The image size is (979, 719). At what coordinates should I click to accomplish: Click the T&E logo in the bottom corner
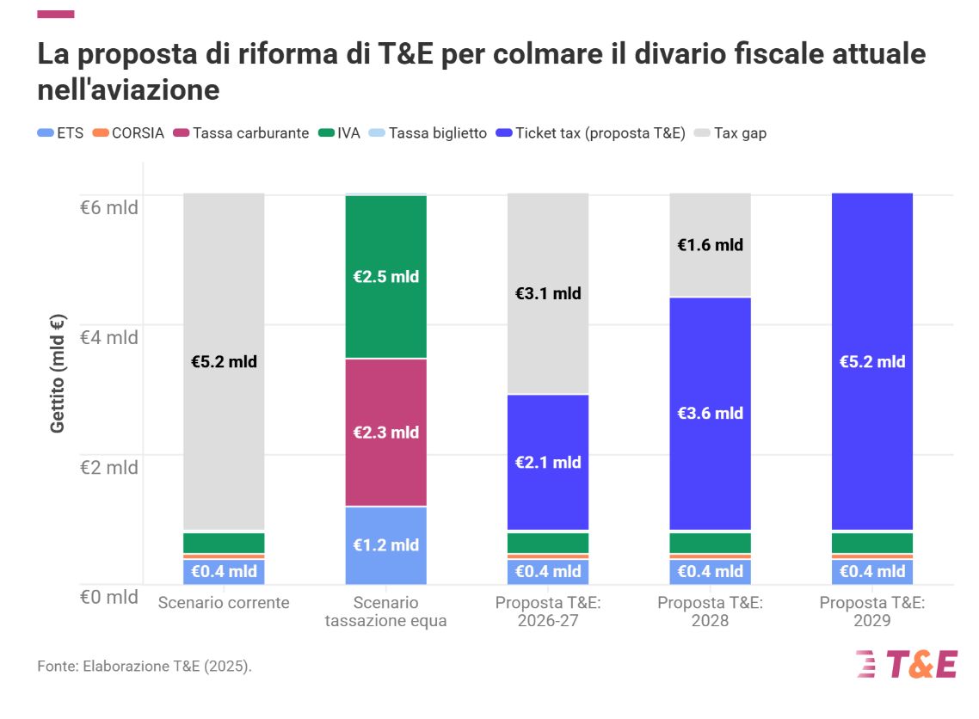pyautogui.click(x=906, y=665)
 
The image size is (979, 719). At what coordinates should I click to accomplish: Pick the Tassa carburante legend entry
pyautogui.click(x=242, y=133)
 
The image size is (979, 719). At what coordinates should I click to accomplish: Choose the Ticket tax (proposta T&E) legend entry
pyautogui.click(x=591, y=133)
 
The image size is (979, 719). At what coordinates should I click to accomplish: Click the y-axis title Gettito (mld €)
pyautogui.click(x=58, y=373)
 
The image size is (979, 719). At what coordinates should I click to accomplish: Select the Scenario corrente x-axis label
pyautogui.click(x=224, y=602)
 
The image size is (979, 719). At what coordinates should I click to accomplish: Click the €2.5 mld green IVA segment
pyautogui.click(x=386, y=277)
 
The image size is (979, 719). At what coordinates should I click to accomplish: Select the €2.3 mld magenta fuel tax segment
pyautogui.click(x=386, y=432)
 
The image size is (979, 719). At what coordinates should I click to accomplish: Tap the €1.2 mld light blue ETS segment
pyautogui.click(x=386, y=545)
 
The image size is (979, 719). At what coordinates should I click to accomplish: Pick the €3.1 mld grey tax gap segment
pyautogui.click(x=548, y=293)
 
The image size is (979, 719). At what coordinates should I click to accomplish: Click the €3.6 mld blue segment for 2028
pyautogui.click(x=710, y=413)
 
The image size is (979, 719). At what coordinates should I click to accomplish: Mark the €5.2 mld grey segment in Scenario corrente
pyautogui.click(x=224, y=361)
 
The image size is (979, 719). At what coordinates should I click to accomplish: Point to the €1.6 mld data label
pyautogui.click(x=710, y=245)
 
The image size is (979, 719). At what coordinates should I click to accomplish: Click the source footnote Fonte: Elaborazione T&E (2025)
pyautogui.click(x=145, y=667)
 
